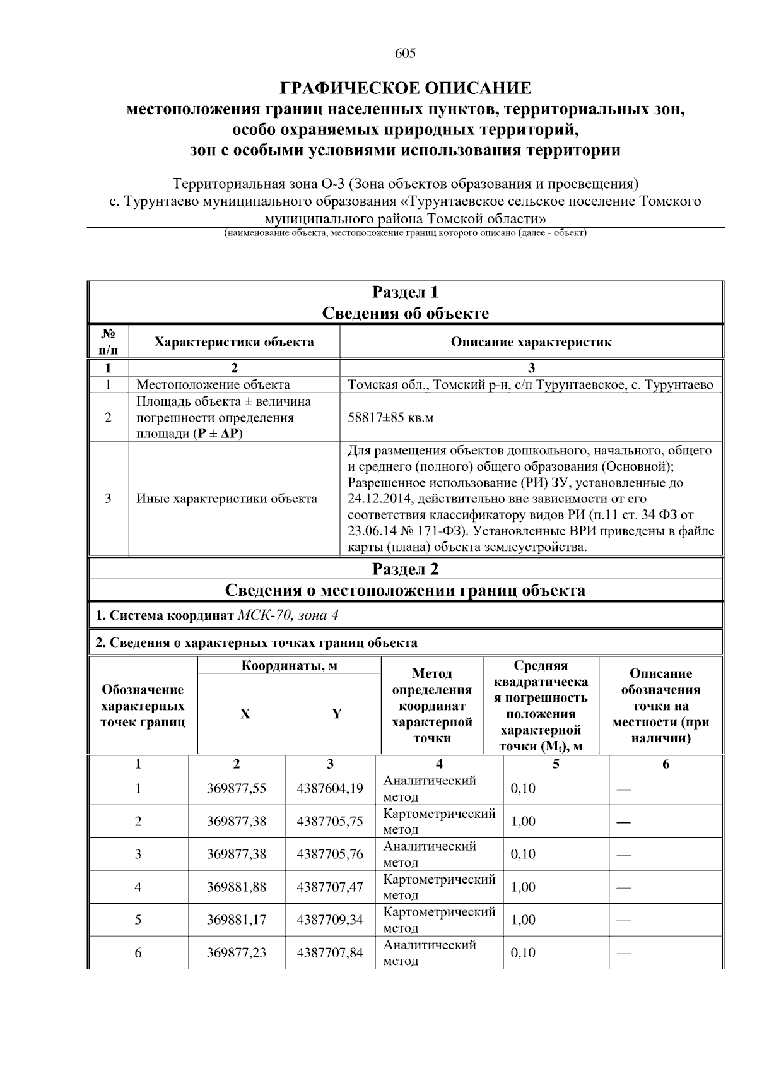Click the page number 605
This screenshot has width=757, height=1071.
click(405, 54)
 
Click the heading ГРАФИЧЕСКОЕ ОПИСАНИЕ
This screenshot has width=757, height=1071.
click(405, 88)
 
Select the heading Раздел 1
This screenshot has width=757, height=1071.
click(405, 292)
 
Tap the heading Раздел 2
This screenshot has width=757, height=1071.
click(405, 569)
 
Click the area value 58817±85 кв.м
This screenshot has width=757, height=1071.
click(390, 418)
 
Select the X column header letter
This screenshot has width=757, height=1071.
click(245, 714)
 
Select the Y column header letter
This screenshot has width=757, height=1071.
click(337, 714)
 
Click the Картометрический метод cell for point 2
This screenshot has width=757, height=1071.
click(439, 821)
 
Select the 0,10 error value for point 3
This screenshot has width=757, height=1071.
click(523, 854)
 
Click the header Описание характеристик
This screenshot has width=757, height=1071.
click(531, 342)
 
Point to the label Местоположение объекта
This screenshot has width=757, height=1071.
click(213, 384)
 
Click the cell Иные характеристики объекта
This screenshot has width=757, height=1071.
click(227, 499)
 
